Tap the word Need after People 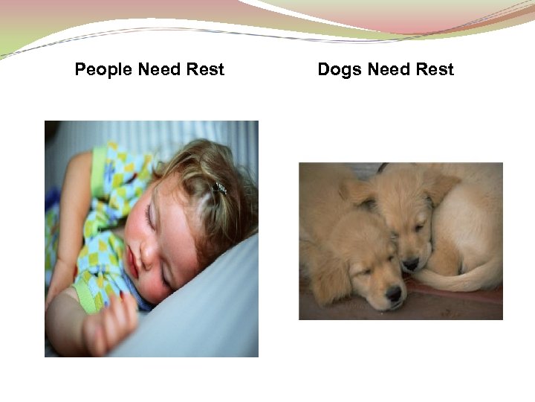point(158,70)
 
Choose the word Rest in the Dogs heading point(435,70)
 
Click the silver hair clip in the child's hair point(218,188)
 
